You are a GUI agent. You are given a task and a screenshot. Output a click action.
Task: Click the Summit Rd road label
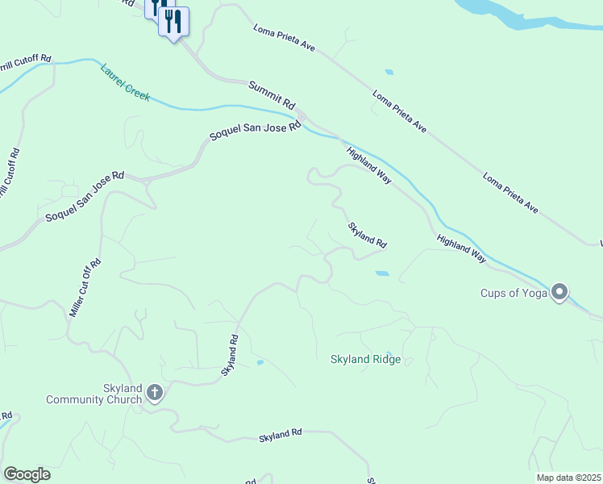(x=272, y=96)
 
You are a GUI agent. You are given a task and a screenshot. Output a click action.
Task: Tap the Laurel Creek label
(x=125, y=82)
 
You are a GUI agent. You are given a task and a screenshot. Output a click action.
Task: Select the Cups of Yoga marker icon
(x=559, y=292)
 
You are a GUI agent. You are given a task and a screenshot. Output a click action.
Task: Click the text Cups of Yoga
(x=514, y=293)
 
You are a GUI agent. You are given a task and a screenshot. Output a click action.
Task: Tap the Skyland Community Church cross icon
(x=155, y=394)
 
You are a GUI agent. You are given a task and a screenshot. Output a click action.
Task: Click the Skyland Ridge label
(x=365, y=359)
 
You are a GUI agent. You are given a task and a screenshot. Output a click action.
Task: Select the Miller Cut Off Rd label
(x=85, y=287)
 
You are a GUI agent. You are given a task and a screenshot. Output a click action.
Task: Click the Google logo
(x=27, y=474)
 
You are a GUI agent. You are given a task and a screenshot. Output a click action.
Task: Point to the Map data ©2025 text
(x=568, y=478)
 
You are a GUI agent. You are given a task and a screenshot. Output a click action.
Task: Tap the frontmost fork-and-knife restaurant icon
(x=173, y=21)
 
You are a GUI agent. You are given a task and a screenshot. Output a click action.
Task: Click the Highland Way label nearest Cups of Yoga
(x=462, y=249)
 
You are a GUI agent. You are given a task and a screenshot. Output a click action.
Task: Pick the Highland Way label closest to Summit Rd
(x=369, y=165)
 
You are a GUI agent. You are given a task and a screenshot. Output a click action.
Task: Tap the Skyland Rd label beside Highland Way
(x=368, y=236)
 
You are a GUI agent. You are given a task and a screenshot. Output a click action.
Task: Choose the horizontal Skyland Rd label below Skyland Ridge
(x=280, y=435)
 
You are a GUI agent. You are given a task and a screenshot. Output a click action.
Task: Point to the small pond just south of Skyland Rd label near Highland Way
(x=381, y=273)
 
